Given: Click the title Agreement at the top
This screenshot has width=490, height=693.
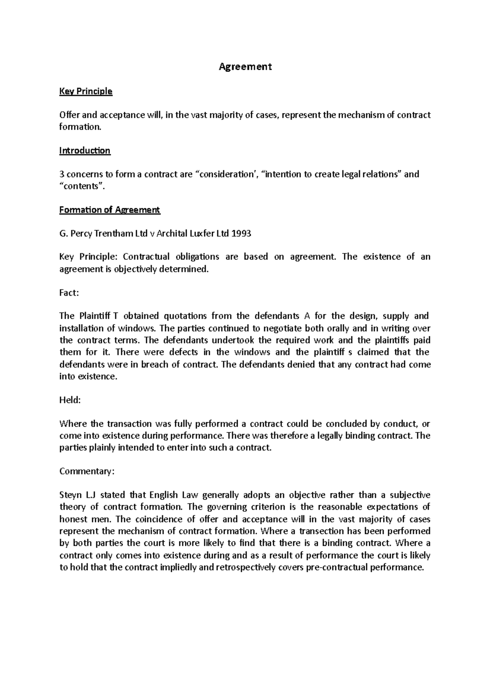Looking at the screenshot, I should pos(245,67).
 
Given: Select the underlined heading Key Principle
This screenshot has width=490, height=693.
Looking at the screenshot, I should pos(86,91).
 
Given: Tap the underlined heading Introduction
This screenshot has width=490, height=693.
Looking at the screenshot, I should pos(85,151).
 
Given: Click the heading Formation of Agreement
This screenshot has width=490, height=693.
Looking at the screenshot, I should pos(109,210).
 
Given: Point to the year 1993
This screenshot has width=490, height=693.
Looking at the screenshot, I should pos(241,234).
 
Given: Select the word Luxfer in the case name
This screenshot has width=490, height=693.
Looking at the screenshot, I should pos(207,234).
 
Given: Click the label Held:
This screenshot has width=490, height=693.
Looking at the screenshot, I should pos(70,400).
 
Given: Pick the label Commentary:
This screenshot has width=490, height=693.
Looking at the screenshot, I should pos(87,471).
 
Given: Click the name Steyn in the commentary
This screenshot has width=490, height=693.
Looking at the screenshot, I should pos(71,495).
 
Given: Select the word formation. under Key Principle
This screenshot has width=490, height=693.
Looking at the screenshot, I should pos(80,127).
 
